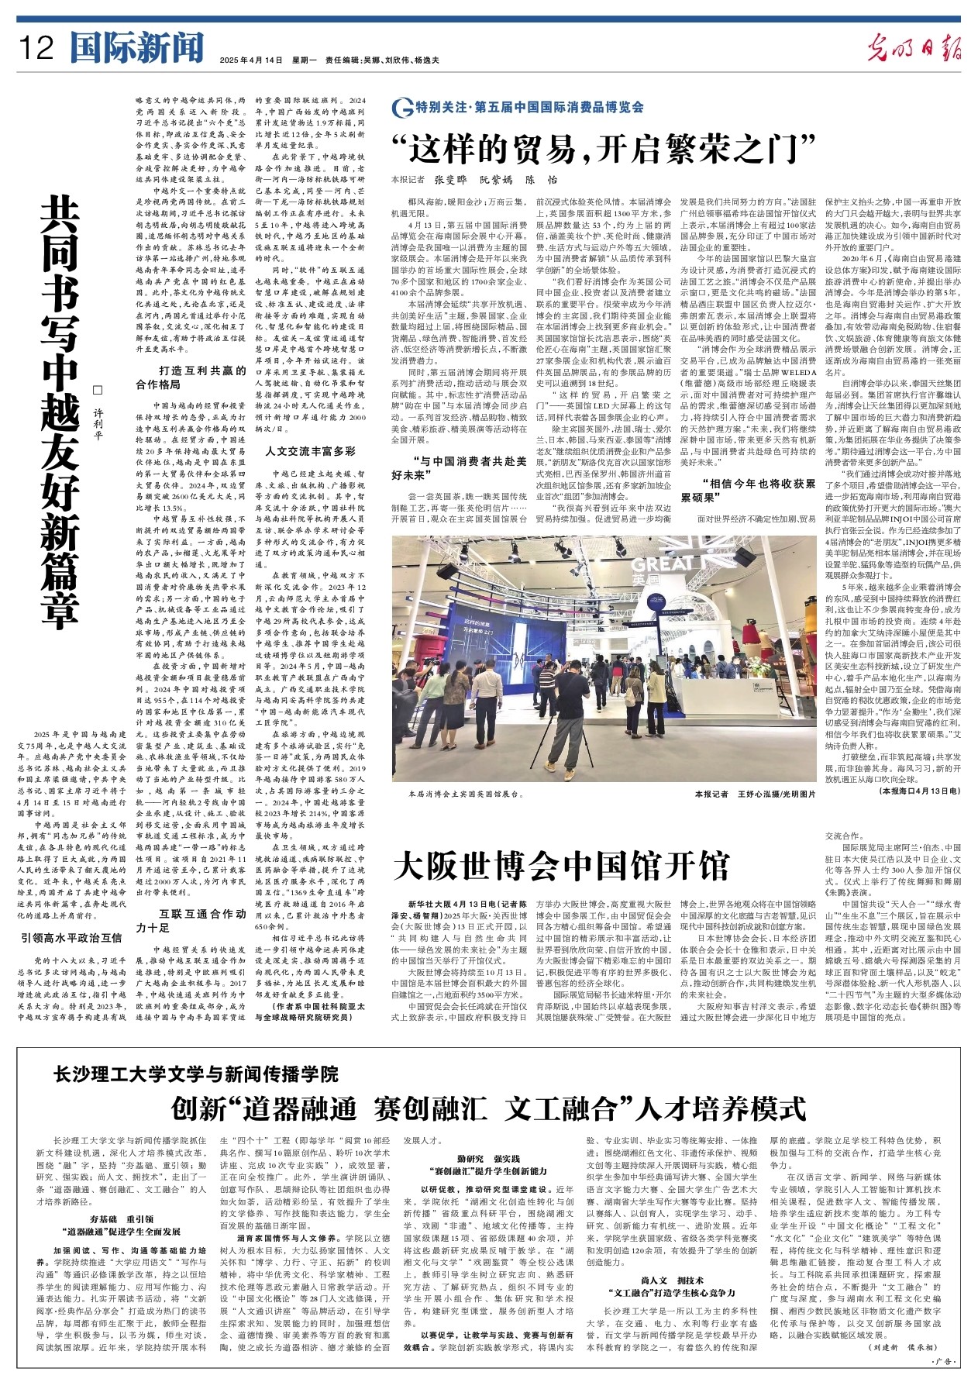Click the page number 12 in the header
coord(36,50)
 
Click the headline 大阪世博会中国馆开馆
coord(561,866)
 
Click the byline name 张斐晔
coord(449,180)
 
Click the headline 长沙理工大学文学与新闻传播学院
coord(196,1074)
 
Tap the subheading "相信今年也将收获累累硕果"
coord(748,490)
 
